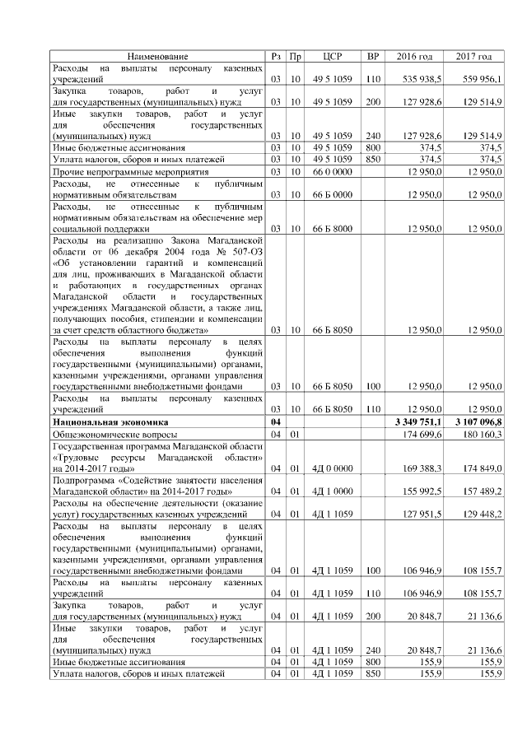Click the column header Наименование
[x=157, y=56]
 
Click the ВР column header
[x=372, y=56]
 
